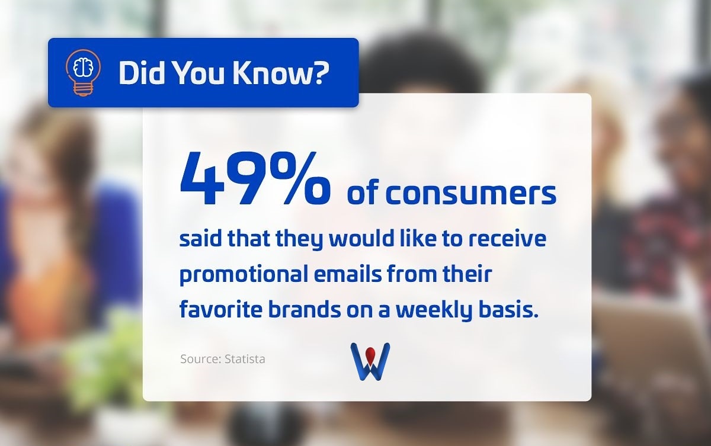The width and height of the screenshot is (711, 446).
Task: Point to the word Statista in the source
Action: tap(245, 358)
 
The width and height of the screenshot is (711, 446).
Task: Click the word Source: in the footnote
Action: tap(200, 358)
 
